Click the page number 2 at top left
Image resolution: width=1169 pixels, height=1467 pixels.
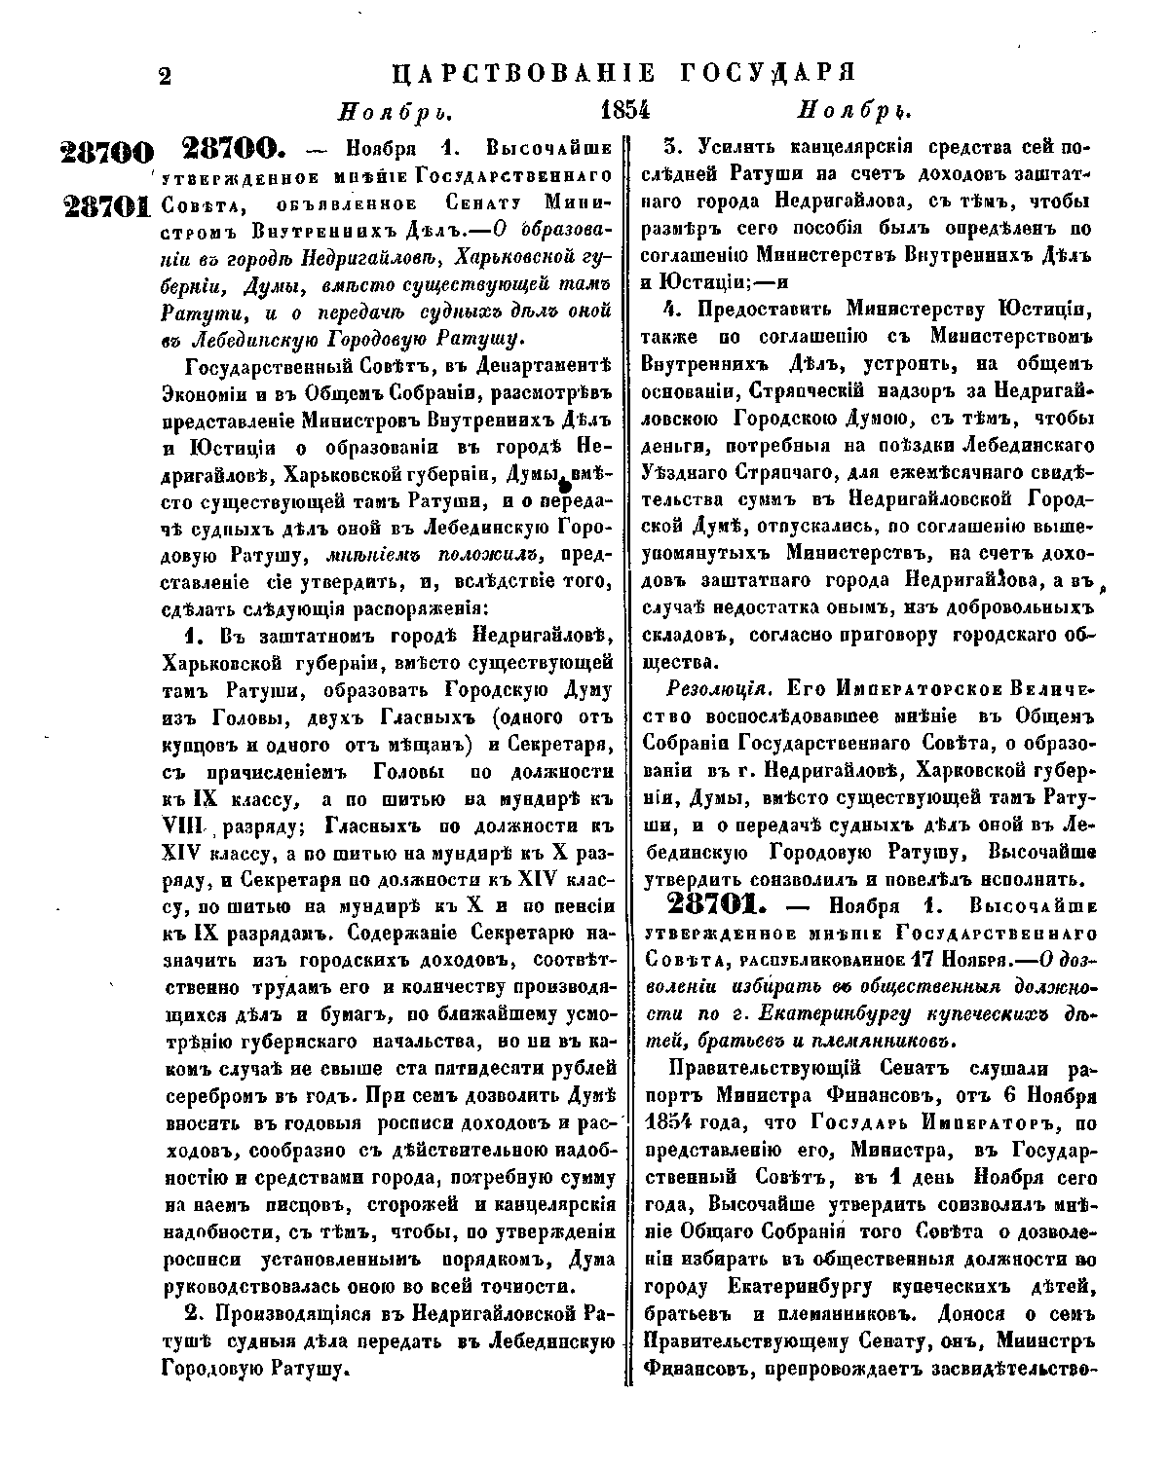(164, 76)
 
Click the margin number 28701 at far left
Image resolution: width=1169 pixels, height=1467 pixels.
(107, 206)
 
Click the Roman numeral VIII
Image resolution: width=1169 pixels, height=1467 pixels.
(183, 826)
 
